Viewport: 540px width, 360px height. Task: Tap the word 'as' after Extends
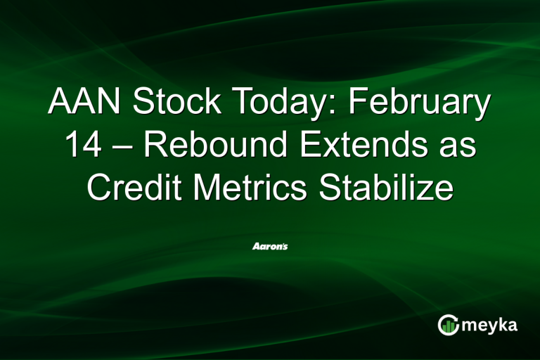pyautogui.click(x=458, y=151)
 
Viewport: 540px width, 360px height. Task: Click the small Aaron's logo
pyautogui.click(x=270, y=247)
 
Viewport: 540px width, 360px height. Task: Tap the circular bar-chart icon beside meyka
pyautogui.click(x=449, y=324)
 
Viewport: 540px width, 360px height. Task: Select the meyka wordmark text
pyautogui.click(x=492, y=325)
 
